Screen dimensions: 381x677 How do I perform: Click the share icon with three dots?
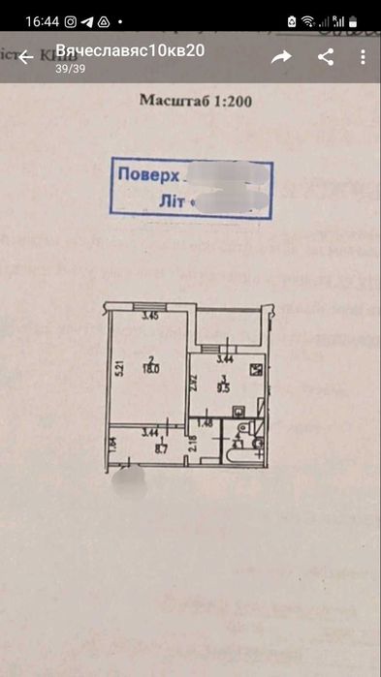tap(326, 57)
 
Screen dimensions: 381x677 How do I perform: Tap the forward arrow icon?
tap(281, 57)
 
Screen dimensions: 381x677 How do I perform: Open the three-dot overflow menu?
tap(363, 57)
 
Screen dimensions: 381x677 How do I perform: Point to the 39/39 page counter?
tap(68, 68)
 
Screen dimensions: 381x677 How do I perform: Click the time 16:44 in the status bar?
tap(43, 20)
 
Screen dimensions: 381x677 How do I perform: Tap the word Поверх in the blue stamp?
tap(146, 176)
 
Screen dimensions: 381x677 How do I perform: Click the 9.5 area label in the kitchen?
tap(223, 389)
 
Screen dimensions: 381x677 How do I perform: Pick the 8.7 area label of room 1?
tap(150, 450)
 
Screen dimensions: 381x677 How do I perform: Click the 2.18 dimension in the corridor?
tap(193, 445)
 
